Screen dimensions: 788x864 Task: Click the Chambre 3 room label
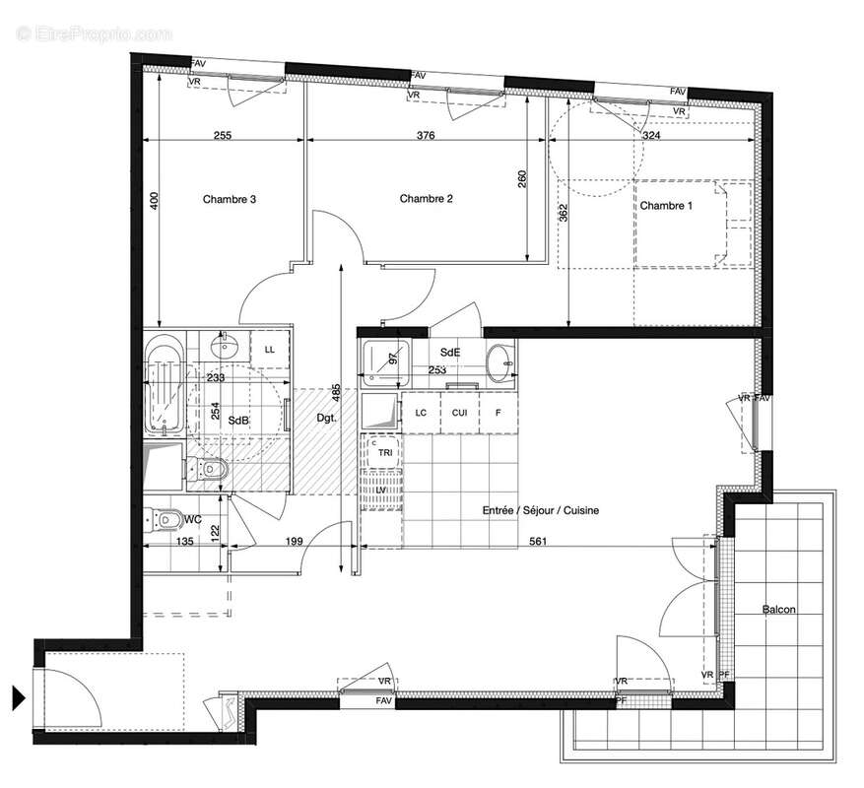pos(230,200)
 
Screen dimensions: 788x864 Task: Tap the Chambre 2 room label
pos(426,199)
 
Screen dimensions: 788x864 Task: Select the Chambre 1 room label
pos(666,206)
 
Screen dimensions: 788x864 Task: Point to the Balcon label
pos(778,610)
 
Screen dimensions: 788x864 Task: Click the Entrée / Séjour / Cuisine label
pos(540,510)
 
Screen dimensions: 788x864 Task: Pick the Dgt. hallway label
pos(326,418)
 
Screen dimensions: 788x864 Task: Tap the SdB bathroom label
pos(238,421)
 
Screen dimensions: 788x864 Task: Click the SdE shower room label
pos(450,352)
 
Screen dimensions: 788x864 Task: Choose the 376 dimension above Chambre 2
pos(425,136)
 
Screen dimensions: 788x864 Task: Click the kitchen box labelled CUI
pos(459,413)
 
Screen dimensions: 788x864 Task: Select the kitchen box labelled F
pos(498,413)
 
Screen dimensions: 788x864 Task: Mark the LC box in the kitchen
pos(421,413)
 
